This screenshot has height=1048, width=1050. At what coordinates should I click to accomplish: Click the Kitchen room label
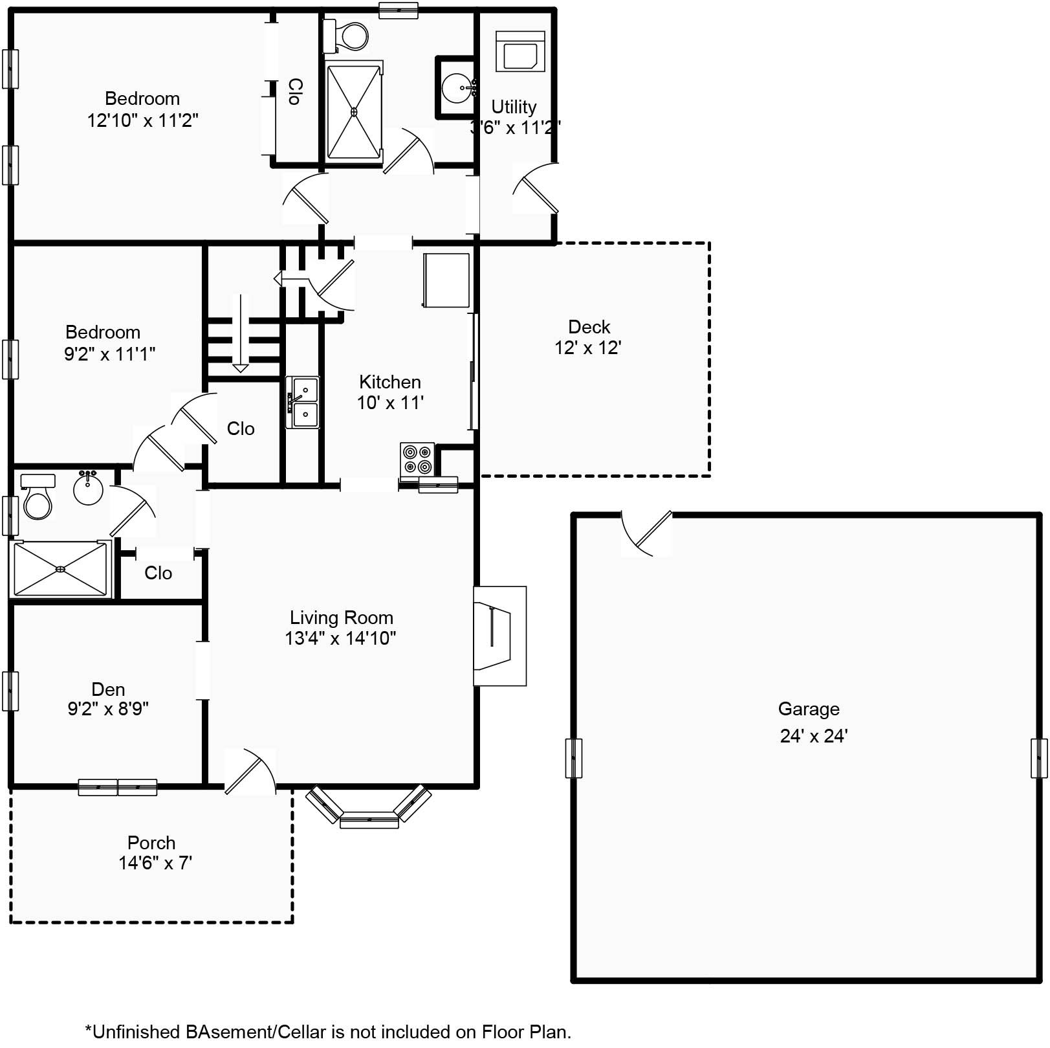click(x=389, y=381)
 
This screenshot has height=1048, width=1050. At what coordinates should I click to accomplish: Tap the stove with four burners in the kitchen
click(x=417, y=459)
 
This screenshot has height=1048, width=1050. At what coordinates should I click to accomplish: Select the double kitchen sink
click(x=303, y=402)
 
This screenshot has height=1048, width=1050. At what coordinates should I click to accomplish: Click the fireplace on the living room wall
click(x=499, y=636)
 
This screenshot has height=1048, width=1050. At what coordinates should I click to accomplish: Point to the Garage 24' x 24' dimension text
click(x=813, y=736)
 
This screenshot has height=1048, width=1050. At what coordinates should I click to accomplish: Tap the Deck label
click(x=589, y=326)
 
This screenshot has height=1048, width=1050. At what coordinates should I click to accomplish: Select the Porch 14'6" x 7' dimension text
click(x=155, y=863)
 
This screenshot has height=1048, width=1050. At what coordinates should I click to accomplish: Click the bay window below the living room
click(x=369, y=809)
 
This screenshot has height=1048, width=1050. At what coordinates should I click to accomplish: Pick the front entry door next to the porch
click(x=249, y=772)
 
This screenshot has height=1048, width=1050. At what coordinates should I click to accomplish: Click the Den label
click(x=108, y=689)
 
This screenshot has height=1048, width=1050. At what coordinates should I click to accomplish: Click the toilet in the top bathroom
click(x=347, y=36)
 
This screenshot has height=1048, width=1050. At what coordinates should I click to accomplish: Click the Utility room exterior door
click(x=536, y=188)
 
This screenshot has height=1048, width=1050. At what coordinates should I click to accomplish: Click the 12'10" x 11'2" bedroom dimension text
click(x=142, y=120)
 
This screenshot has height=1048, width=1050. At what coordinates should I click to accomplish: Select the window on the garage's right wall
click(x=1038, y=757)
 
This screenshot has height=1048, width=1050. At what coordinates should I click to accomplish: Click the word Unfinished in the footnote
click(x=135, y=1031)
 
